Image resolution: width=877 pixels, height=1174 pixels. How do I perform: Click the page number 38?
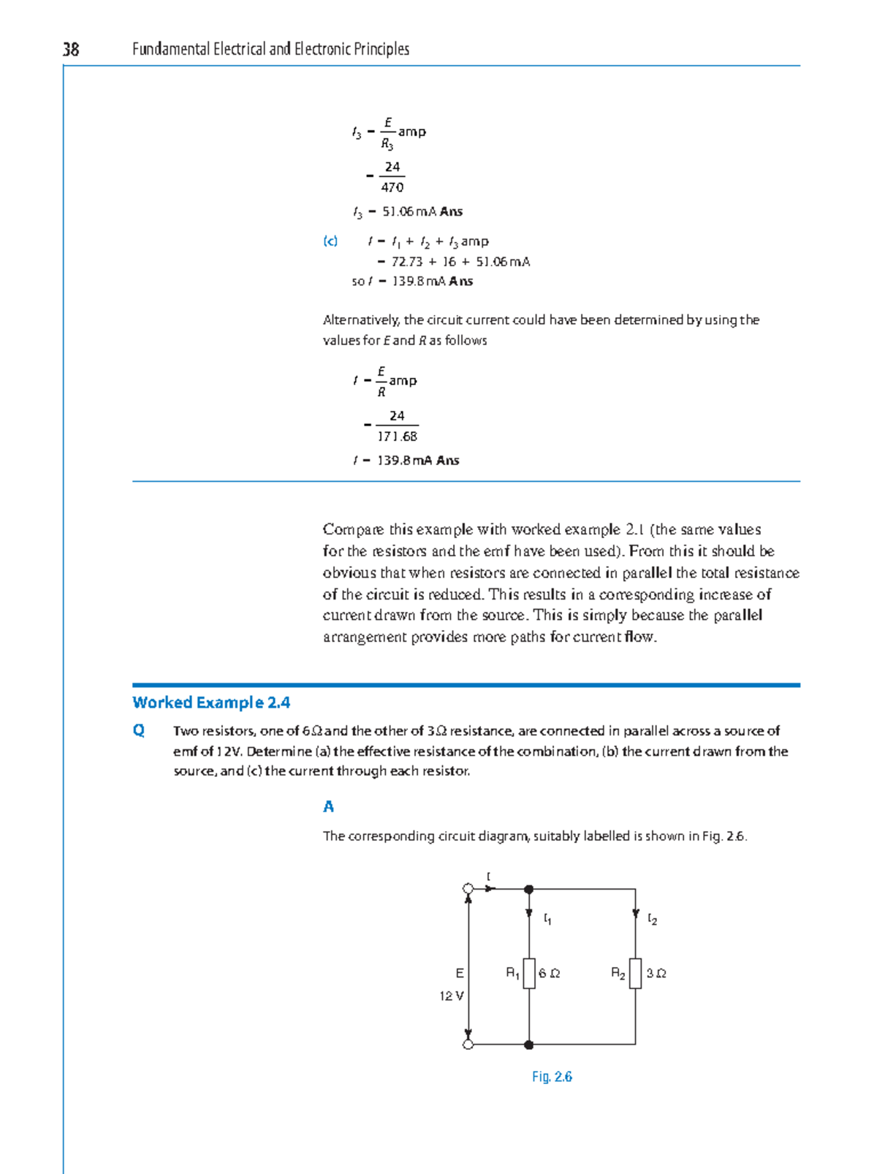pyautogui.click(x=71, y=49)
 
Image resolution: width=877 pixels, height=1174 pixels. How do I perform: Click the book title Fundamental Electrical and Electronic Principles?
pyautogui.click(x=270, y=49)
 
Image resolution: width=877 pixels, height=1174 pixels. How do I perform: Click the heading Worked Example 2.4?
pyautogui.click(x=211, y=702)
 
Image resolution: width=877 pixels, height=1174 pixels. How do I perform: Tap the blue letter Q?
pyautogui.click(x=139, y=730)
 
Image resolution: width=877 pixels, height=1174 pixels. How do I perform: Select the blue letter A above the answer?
pyautogui.click(x=329, y=806)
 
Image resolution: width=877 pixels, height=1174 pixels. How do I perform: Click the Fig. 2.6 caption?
pyautogui.click(x=552, y=1077)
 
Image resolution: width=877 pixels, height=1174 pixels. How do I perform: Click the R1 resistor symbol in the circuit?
pyautogui.click(x=529, y=973)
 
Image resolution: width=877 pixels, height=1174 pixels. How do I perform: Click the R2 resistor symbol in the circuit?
pyautogui.click(x=635, y=973)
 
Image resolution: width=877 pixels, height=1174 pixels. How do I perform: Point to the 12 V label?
pyautogui.click(x=451, y=996)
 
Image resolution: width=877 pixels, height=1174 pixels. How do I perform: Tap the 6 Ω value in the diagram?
pyautogui.click(x=550, y=973)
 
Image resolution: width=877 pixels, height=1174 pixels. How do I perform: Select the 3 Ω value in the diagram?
pyautogui.click(x=656, y=973)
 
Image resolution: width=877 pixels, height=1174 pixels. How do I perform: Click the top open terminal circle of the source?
pyautogui.click(x=468, y=889)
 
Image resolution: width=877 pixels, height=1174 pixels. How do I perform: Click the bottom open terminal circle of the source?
pyautogui.click(x=468, y=1045)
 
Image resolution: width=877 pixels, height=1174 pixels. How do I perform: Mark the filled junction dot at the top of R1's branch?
pyautogui.click(x=529, y=890)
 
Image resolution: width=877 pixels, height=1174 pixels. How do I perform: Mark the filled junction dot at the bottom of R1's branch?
pyautogui.click(x=529, y=1045)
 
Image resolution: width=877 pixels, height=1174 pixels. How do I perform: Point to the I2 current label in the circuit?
pyautogui.click(x=653, y=919)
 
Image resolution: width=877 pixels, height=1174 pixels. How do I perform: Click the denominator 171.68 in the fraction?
pyautogui.click(x=397, y=436)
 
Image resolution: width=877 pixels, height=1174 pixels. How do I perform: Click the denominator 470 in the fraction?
pyautogui.click(x=392, y=187)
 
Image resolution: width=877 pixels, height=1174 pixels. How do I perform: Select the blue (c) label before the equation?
pyautogui.click(x=330, y=241)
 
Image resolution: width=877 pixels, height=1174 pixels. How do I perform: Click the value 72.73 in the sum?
pyautogui.click(x=407, y=262)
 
